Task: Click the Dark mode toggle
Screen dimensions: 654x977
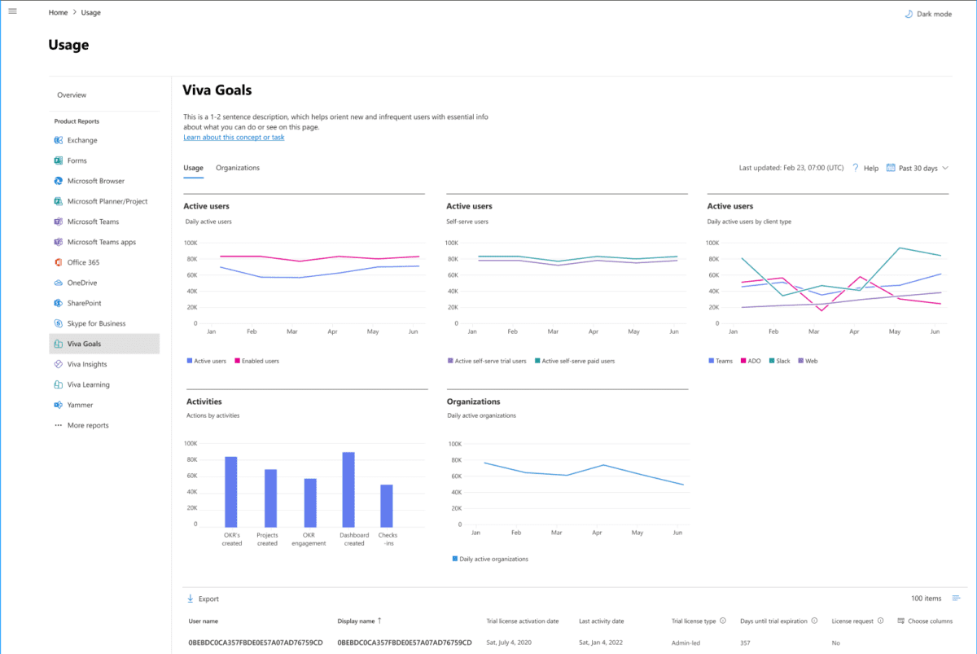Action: pos(927,14)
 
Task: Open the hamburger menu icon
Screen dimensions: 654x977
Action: pos(12,11)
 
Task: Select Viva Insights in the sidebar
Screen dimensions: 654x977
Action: pos(86,364)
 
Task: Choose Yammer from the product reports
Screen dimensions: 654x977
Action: pos(80,405)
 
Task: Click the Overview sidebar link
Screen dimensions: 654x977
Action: pos(72,95)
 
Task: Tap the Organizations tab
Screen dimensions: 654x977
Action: pos(237,168)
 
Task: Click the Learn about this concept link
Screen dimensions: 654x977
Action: pos(234,138)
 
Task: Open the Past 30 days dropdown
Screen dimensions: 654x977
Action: pos(917,168)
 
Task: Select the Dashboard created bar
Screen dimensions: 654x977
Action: pos(348,489)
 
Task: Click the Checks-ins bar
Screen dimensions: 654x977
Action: pos(387,506)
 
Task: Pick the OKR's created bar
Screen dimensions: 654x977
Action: pos(231,492)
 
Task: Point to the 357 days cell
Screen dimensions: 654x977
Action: pos(746,643)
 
